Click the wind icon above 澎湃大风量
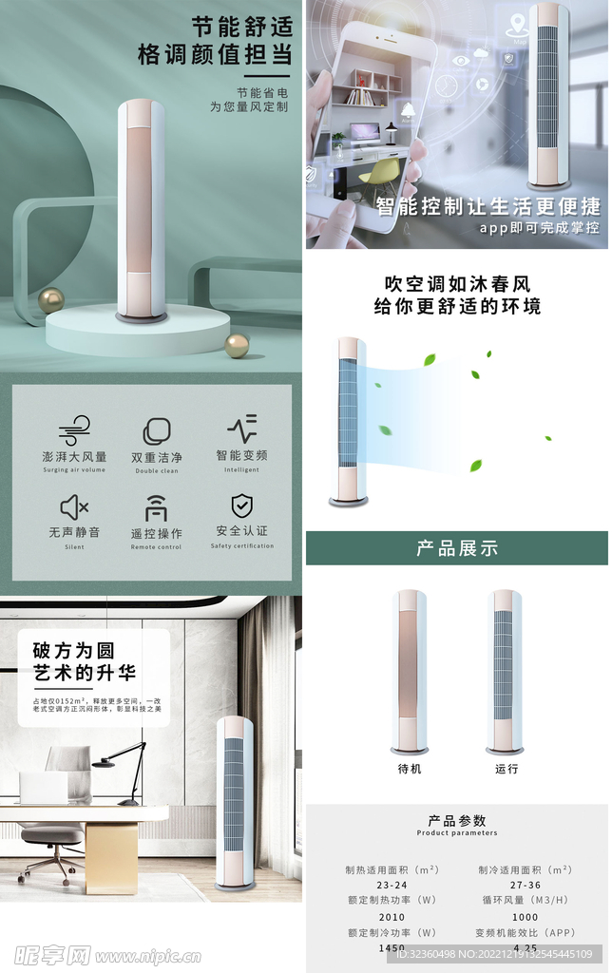[74, 432]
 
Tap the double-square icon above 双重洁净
[157, 431]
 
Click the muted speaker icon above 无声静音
[74, 506]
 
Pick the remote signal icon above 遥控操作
[156, 508]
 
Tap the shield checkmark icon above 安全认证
[241, 506]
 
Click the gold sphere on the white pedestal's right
[237, 345]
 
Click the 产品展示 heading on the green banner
[457, 548]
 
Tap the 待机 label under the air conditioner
[410, 769]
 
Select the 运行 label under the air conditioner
[507, 769]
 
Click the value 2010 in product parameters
[392, 917]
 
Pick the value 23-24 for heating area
[392, 886]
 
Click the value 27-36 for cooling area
[525, 886]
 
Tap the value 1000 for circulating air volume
[525, 917]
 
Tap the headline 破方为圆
[73, 651]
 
